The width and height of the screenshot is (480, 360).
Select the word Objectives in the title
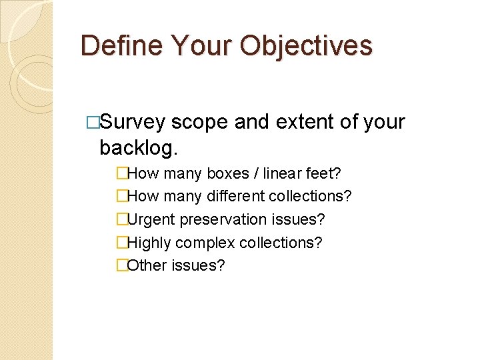pyautogui.click(x=307, y=46)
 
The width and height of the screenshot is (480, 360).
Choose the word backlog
pyautogui.click(x=138, y=147)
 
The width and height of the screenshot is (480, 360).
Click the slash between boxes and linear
pyautogui.click(x=257, y=175)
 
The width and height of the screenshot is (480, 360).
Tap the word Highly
pyautogui.click(x=149, y=243)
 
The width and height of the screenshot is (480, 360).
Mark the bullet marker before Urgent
pyautogui.click(x=121, y=219)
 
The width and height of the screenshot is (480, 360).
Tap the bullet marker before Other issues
pyautogui.click(x=121, y=265)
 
